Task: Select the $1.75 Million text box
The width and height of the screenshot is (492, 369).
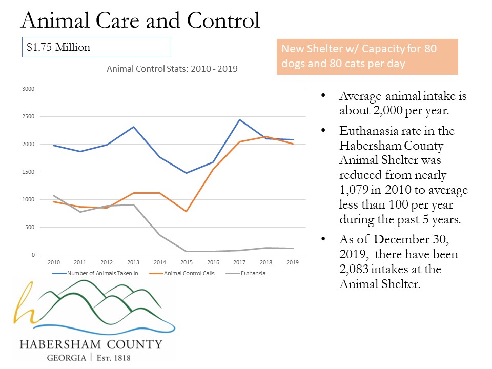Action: [x=96, y=47]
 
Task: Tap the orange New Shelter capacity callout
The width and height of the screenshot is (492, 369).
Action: [x=367, y=57]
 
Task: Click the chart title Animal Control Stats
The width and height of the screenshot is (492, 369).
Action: [x=172, y=68]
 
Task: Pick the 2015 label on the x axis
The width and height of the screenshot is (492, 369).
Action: [x=186, y=262]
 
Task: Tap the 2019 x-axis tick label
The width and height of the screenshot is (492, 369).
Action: [x=292, y=262]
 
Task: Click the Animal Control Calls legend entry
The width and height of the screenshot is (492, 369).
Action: [x=189, y=273]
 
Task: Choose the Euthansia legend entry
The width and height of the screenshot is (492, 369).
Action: [x=251, y=273]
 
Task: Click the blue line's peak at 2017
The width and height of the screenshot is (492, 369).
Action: [x=239, y=120]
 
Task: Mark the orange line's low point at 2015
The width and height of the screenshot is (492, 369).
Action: [x=186, y=211]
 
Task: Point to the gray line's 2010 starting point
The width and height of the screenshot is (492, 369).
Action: [x=54, y=195]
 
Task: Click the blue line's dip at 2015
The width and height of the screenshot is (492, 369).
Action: [x=186, y=173]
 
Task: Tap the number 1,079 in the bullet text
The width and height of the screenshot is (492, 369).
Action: [x=353, y=190]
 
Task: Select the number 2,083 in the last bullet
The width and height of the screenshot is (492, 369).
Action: [x=354, y=269]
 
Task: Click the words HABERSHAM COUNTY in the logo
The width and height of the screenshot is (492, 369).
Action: [x=91, y=344]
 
